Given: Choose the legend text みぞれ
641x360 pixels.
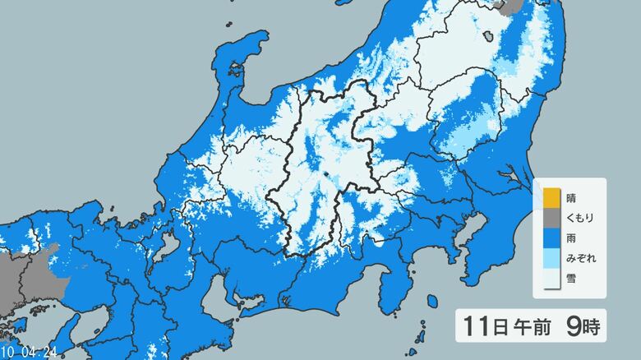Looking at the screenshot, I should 580,258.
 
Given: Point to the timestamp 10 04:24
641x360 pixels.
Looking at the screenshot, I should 28,352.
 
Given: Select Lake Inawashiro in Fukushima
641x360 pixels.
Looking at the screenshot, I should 490,36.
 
